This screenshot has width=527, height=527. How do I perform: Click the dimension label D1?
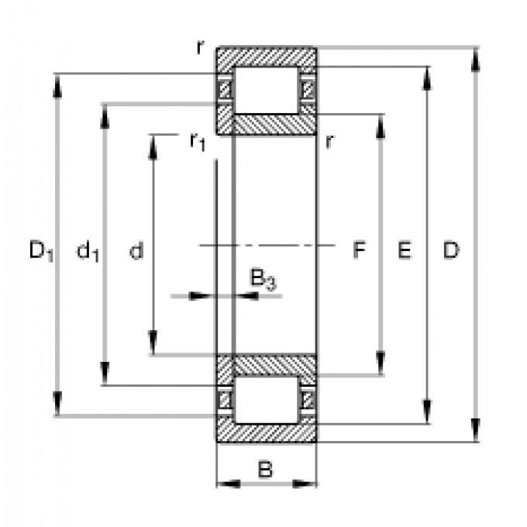pyautogui.click(x=40, y=250)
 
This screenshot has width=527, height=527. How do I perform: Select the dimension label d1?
pyautogui.click(x=88, y=250)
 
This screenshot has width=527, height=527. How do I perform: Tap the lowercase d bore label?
pyautogui.click(x=136, y=250)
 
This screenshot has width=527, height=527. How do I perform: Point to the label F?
pyautogui.click(x=359, y=250)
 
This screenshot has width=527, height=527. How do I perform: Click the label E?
pyautogui.click(x=404, y=250)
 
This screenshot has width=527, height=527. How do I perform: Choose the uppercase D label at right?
pyautogui.click(x=451, y=250)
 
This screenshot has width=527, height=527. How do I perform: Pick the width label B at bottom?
pyautogui.click(x=265, y=469)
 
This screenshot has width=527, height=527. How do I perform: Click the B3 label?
pyautogui.click(x=262, y=278)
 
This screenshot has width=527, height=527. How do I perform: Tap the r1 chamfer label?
pyautogui.click(x=197, y=141)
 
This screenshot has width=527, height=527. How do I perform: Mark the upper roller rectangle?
pyautogui.click(x=267, y=90)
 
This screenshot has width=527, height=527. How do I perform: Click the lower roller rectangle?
pyautogui.click(x=267, y=400)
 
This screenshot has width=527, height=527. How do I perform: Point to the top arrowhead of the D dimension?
pyautogui.click(x=475, y=55)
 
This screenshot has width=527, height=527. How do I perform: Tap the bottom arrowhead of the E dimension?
pyautogui.click(x=427, y=415)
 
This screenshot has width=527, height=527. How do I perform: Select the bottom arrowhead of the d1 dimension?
pyautogui.click(x=105, y=377)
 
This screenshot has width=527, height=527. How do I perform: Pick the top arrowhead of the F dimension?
pyautogui.click(x=381, y=123)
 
